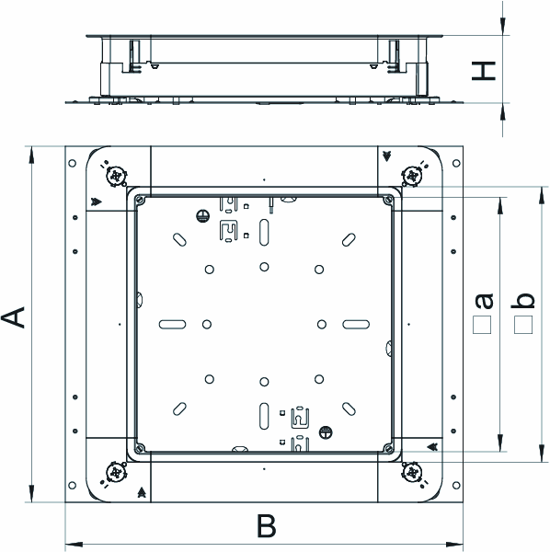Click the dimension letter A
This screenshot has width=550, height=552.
[13, 317]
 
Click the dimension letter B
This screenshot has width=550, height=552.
[267, 525]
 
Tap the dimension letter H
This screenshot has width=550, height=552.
[484, 71]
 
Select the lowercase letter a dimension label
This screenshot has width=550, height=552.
[484, 301]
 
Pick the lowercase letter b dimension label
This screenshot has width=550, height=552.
[522, 300]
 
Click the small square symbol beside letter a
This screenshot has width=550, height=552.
[482, 325]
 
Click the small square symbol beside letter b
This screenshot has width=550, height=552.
[523, 325]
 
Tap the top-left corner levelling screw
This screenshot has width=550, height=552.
[116, 176]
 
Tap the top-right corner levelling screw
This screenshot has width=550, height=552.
[412, 176]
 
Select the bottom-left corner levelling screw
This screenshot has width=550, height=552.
[116, 473]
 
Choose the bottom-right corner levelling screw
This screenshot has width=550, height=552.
[412, 473]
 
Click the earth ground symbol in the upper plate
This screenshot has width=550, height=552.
[202, 216]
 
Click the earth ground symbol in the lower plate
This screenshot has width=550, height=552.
[326, 432]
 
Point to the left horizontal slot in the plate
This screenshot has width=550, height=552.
[172, 324]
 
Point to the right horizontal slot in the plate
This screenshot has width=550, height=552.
[356, 324]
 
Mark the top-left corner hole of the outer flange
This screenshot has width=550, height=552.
[72, 163]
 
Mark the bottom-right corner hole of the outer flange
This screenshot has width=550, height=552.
[456, 486]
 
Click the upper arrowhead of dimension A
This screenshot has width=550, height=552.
[31, 155]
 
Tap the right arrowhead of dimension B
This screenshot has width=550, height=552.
[454, 545]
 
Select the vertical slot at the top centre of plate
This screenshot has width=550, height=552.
[264, 233]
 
